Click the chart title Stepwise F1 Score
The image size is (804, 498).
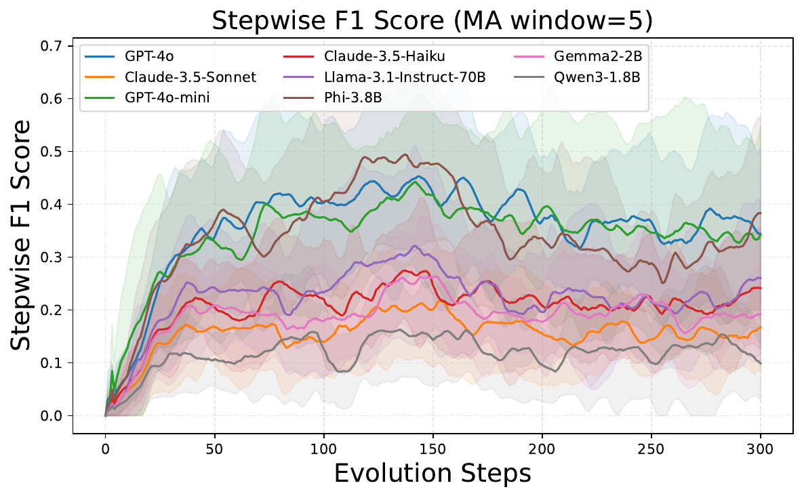[x=329, y=21]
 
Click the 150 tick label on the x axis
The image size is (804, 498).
[x=433, y=449]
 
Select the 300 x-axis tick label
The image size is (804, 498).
[x=760, y=449]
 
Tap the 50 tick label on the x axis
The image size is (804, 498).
[x=214, y=449]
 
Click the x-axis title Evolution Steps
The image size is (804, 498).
[x=433, y=474]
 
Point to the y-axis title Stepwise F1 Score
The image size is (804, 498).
[x=20, y=235]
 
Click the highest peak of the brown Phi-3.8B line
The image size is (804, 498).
[x=405, y=154]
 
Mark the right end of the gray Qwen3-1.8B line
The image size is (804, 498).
[x=760, y=363]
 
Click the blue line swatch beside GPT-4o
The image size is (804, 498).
[x=100, y=56]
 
